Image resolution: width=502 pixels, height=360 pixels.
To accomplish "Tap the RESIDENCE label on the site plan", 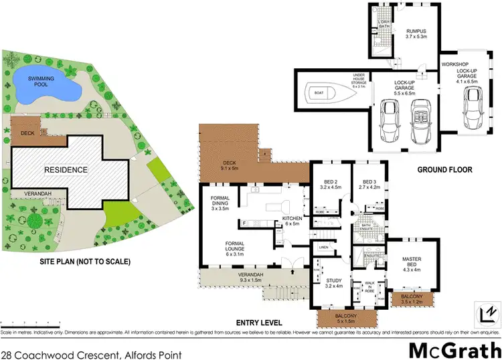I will [x=66, y=170].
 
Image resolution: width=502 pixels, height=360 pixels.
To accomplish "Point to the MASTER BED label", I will [x=415, y=260].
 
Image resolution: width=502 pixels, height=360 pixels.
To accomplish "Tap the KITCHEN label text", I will [x=293, y=219].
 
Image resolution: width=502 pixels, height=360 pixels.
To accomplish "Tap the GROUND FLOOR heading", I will [x=444, y=170].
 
